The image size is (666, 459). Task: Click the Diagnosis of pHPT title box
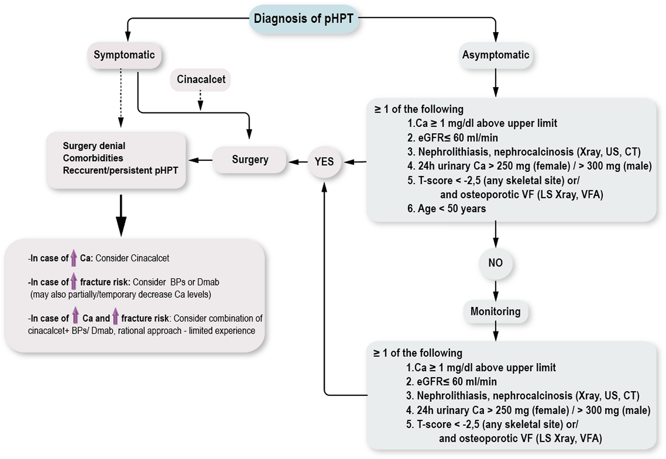click(304, 19)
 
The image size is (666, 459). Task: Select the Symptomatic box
click(124, 55)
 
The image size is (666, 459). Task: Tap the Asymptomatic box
click(496, 55)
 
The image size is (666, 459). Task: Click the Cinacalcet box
click(201, 79)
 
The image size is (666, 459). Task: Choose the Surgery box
click(250, 160)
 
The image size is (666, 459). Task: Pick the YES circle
click(324, 162)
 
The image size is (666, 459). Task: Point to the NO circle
click(495, 263)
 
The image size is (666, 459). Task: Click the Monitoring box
click(495, 311)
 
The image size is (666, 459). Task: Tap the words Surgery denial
click(94, 146)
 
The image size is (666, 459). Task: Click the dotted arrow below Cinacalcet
click(200, 100)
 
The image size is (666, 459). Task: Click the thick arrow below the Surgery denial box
click(121, 215)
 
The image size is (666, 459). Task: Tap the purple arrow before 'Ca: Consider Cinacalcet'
click(74, 258)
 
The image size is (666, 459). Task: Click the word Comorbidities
click(93, 158)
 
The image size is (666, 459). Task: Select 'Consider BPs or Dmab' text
click(176, 282)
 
